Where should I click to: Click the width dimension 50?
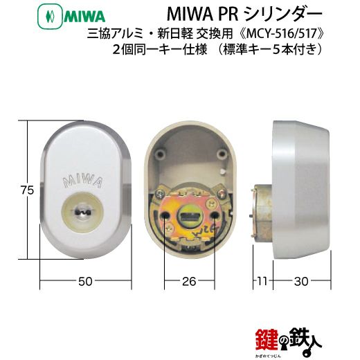click(x=85, y=282)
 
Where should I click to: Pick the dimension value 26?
click(x=190, y=282)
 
